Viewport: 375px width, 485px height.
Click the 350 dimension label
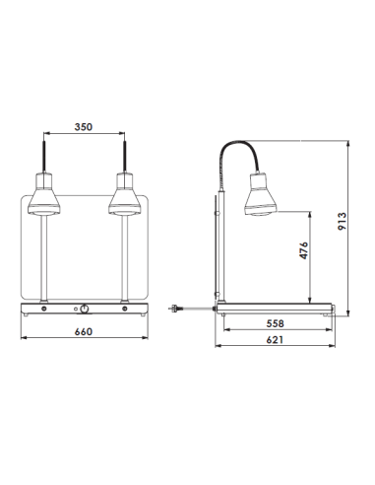[x=84, y=127]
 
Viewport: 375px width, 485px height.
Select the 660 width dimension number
[x=84, y=332]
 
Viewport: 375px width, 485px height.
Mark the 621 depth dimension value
[x=279, y=339]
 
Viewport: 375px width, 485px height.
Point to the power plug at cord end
[x=175, y=307]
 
